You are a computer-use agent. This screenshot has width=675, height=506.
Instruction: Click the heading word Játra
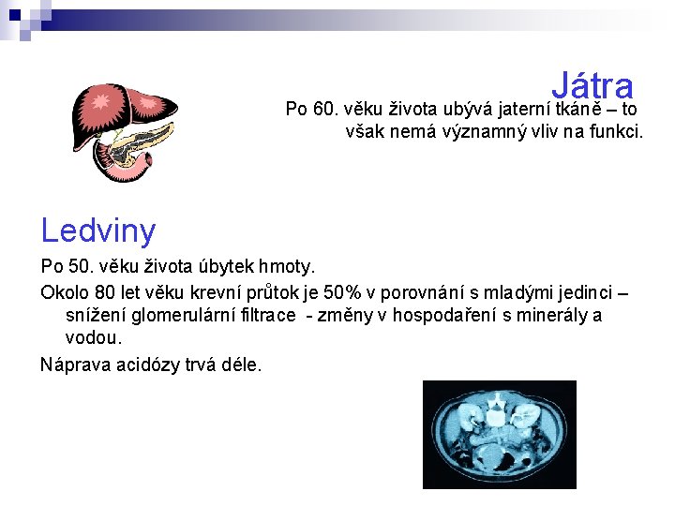(592, 85)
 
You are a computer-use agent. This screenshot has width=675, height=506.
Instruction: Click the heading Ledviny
(97, 229)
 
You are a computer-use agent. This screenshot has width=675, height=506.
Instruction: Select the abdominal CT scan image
(499, 434)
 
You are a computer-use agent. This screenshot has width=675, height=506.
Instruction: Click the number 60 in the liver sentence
(326, 110)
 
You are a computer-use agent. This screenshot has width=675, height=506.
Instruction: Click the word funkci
(615, 132)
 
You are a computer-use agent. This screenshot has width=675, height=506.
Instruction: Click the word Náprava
(72, 363)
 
